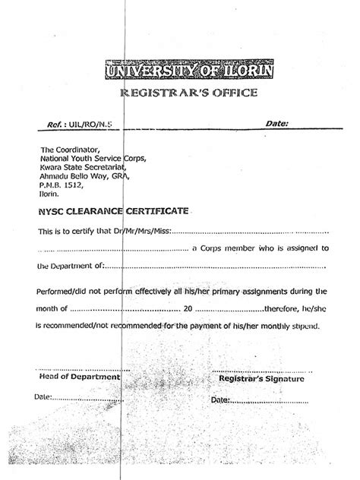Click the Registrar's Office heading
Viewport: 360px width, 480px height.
point(189,94)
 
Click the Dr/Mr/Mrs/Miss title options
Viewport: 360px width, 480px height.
point(144,231)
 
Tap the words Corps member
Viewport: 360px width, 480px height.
point(226,248)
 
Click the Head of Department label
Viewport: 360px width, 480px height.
point(79,377)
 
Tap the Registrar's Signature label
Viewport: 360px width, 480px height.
point(261,377)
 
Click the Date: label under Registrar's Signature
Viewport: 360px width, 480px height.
point(220,399)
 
